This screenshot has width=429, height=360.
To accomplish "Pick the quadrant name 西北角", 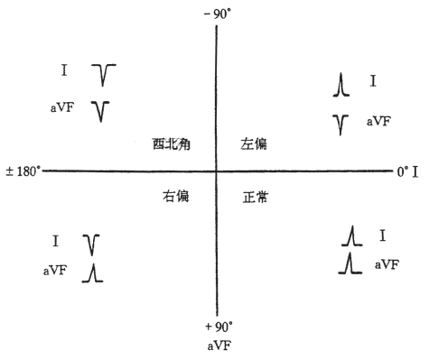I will coord(170,143).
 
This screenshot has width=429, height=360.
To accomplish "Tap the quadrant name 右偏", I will coord(175,196).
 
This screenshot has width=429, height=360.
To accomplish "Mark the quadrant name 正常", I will coord(257,196).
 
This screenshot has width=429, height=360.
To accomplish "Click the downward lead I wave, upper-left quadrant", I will coord(106,74).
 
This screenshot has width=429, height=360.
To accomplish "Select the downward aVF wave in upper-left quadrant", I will coord(103,110).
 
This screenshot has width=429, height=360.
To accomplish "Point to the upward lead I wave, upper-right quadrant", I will coord(340,86).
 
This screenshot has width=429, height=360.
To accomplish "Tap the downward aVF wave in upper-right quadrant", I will coord(340,124).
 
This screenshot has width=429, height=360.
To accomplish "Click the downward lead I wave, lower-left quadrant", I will coord(91,244).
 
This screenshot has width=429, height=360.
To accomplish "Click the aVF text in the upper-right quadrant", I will coord(378,120).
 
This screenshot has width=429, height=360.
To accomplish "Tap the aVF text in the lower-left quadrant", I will coord(54,270).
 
